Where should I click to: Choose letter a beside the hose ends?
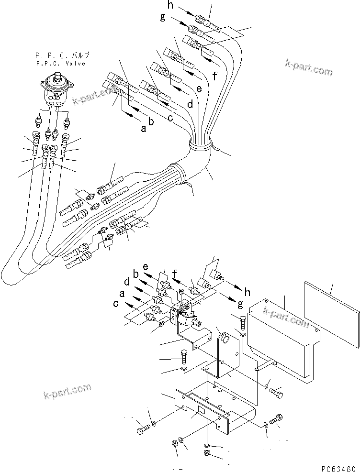143,128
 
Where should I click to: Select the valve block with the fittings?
184,311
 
